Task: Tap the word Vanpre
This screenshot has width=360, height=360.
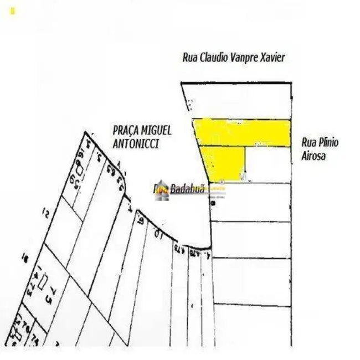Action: [x=248, y=58]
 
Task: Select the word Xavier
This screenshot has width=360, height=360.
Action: [x=274, y=58]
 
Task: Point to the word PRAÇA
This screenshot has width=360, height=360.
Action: [x=126, y=131]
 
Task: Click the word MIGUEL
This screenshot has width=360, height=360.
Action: [x=157, y=131]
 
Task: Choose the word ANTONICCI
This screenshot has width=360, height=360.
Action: [x=136, y=143]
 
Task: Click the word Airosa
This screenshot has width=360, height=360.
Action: [x=313, y=156]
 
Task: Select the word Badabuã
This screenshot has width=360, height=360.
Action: [x=187, y=189]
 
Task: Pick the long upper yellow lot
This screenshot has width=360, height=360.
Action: [x=244, y=132]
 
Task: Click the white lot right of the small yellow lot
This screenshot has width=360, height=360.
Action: [x=268, y=164]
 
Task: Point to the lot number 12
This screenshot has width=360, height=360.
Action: [x=47, y=212]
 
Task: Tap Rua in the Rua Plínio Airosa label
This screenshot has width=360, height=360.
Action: [x=310, y=143]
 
